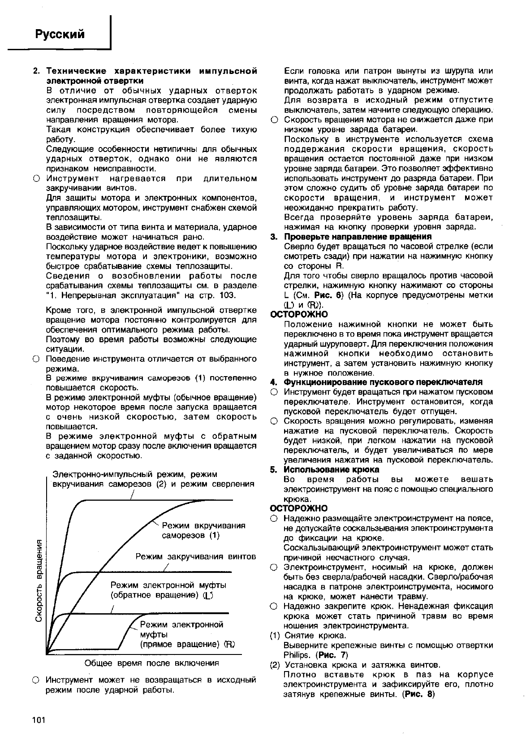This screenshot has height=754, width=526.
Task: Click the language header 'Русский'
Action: tap(60, 35)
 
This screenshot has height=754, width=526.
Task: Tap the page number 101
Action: tap(39, 720)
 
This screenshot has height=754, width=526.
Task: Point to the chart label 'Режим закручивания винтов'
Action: tap(196, 557)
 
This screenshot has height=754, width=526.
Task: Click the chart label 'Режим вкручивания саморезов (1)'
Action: tap(203, 530)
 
